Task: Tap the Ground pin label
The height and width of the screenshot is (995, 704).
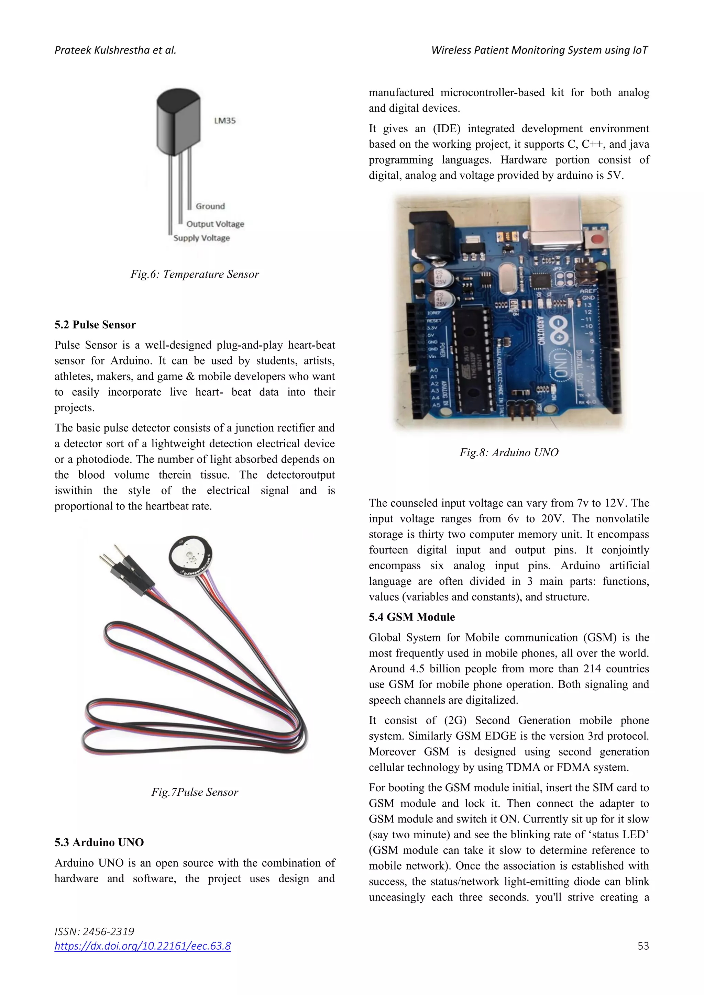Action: (210, 206)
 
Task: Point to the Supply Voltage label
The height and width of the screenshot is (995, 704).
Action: (201, 238)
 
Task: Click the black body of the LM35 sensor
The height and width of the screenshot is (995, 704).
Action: (178, 121)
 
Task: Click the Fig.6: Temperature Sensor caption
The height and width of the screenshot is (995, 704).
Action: (195, 274)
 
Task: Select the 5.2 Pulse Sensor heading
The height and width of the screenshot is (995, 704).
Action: (95, 325)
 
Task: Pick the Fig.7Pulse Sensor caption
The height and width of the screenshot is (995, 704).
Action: (195, 792)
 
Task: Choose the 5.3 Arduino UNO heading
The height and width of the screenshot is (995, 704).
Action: (99, 842)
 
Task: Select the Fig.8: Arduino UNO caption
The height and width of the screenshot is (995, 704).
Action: (509, 452)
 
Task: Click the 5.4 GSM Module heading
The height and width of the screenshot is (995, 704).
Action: (411, 617)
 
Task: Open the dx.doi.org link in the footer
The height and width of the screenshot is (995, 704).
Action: (143, 946)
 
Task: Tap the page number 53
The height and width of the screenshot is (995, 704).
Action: (643, 946)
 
